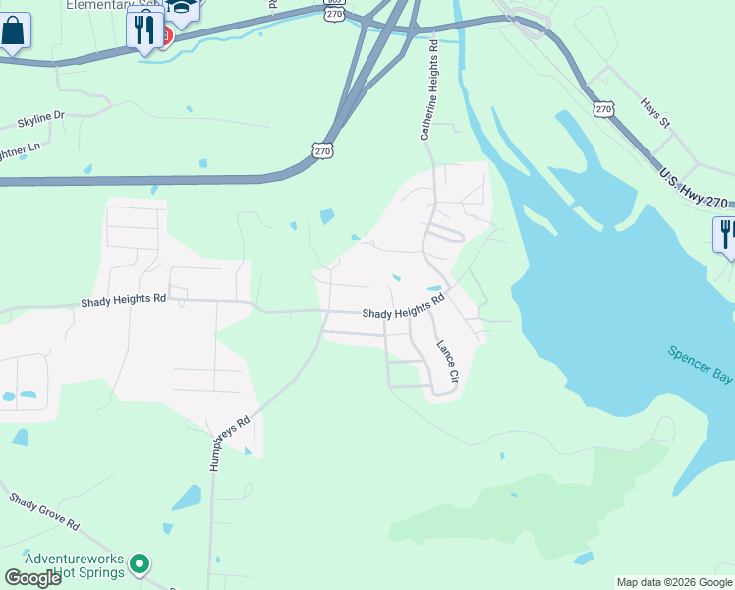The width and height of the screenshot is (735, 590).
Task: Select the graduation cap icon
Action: point(182,8)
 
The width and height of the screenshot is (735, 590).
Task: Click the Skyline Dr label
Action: point(40,120)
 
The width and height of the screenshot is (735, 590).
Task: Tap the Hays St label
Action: point(654,112)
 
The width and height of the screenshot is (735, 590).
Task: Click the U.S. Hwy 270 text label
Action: point(694,188)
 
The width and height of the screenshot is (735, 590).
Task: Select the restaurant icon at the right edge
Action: point(725,235)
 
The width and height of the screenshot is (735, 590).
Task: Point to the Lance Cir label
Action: point(447,362)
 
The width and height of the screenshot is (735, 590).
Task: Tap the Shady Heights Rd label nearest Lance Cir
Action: point(403,307)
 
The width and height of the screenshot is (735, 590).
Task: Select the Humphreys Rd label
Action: point(231,442)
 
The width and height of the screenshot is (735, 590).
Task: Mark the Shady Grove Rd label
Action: point(44,512)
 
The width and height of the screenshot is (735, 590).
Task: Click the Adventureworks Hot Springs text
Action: point(75,565)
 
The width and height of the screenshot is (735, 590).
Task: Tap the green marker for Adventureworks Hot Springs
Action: point(141,564)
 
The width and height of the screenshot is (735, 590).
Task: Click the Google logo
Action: point(32,578)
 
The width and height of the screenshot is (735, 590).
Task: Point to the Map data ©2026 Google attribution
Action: point(674,582)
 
